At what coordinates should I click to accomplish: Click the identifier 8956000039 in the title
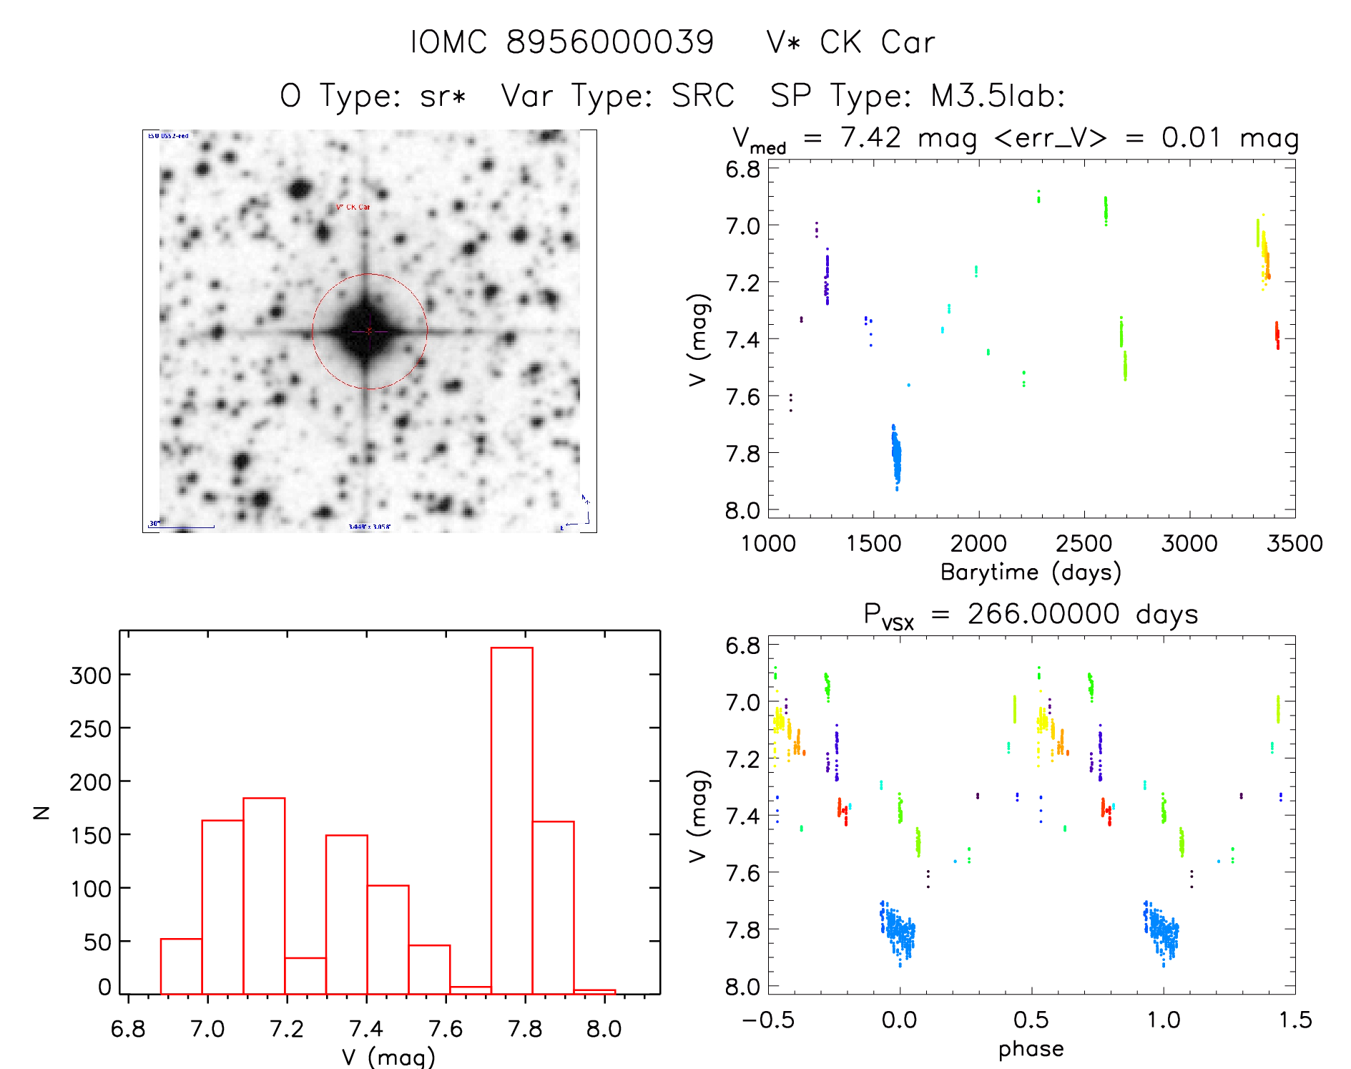[x=609, y=42]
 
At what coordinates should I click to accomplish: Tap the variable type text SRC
[x=703, y=96]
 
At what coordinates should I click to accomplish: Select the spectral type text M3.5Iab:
[x=998, y=96]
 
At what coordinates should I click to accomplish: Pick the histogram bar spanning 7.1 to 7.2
[x=264, y=894]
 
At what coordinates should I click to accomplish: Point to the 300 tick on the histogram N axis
[x=90, y=675]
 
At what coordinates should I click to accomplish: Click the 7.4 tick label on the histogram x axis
[x=366, y=1029]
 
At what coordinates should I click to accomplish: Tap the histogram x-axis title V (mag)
[x=388, y=1057]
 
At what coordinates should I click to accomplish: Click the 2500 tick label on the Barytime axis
[x=1084, y=544]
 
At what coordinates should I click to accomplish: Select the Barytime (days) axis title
[x=1031, y=572]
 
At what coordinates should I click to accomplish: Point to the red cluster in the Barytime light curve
[x=1277, y=334]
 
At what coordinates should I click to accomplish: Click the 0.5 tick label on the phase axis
[x=1031, y=1020]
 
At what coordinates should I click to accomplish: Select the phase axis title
[x=1031, y=1049]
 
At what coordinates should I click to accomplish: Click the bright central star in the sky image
[x=368, y=331]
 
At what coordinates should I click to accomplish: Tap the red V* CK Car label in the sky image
[x=353, y=208]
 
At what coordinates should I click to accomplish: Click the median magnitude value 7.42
[x=870, y=137]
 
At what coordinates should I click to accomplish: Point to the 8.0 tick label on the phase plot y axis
[x=742, y=987]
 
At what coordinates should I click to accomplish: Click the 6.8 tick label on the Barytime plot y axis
[x=742, y=170]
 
